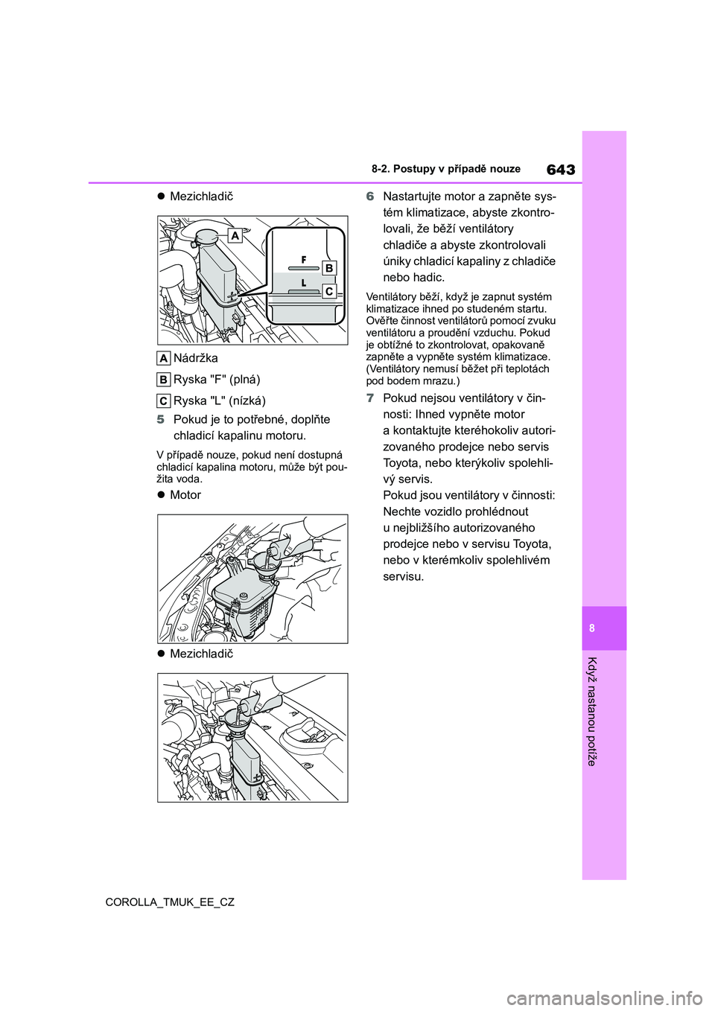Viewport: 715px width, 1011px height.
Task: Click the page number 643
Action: point(560,170)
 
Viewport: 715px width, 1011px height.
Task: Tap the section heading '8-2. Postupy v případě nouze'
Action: point(446,169)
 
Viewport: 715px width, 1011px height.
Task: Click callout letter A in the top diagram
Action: point(235,236)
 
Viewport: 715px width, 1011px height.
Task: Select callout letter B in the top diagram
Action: point(328,268)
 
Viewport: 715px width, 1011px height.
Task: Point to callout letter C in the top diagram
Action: point(328,291)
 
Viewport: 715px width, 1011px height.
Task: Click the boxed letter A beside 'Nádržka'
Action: point(164,358)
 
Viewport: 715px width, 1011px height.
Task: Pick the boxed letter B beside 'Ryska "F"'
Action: point(164,380)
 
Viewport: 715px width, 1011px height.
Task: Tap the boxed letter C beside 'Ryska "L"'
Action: point(164,401)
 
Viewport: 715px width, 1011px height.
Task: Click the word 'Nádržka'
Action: point(196,358)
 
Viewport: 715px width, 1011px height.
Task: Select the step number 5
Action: point(161,419)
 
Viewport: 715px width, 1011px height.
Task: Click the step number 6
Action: point(370,197)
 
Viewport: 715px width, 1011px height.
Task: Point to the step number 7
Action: point(370,398)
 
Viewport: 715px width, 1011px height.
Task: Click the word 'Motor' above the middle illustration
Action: point(185,495)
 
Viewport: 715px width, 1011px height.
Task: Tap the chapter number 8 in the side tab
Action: point(592,628)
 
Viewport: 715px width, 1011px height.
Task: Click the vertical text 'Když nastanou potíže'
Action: point(592,711)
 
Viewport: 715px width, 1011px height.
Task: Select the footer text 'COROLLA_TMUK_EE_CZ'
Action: point(170,902)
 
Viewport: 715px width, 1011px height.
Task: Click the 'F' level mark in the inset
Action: point(304,259)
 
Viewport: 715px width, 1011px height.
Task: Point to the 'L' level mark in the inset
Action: point(304,283)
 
